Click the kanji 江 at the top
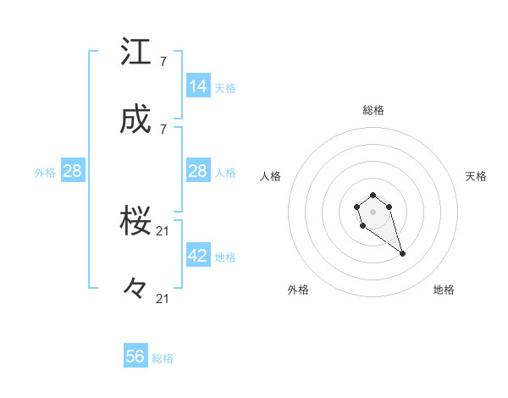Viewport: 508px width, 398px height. click(x=136, y=53)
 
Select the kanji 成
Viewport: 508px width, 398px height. click(x=136, y=120)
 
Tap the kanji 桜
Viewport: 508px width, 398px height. click(x=136, y=223)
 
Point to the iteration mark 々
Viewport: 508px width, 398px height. click(x=135, y=290)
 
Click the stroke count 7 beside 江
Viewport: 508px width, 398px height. click(x=163, y=61)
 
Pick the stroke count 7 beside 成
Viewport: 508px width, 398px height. click(x=163, y=129)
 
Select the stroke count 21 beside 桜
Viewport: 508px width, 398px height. click(x=164, y=231)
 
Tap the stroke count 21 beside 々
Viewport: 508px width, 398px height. click(x=164, y=298)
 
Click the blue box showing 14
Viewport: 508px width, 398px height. click(x=198, y=86)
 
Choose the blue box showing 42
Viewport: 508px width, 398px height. click(x=198, y=256)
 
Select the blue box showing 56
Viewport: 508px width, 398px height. click(x=135, y=357)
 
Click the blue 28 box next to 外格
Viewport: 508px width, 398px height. click(x=73, y=171)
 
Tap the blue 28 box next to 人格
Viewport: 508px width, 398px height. click(x=198, y=171)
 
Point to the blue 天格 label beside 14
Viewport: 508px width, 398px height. click(x=225, y=87)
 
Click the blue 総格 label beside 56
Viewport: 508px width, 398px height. click(x=163, y=358)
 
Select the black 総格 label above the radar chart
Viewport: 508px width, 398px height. click(x=373, y=110)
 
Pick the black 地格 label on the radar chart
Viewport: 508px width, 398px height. click(x=444, y=290)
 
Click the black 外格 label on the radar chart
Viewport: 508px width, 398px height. click(x=298, y=290)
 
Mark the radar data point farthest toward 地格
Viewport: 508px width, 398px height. click(x=402, y=254)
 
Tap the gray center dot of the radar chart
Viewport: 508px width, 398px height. click(x=373, y=210)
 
